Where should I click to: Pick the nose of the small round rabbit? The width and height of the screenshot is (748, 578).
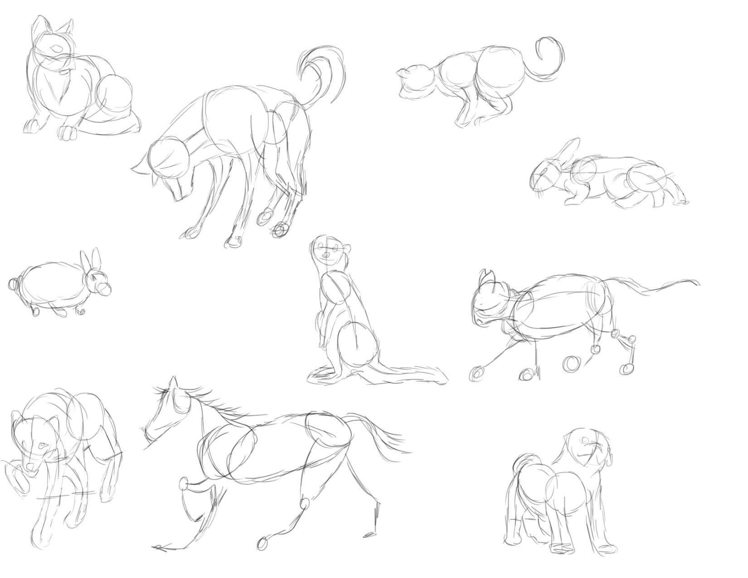point(105,289)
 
